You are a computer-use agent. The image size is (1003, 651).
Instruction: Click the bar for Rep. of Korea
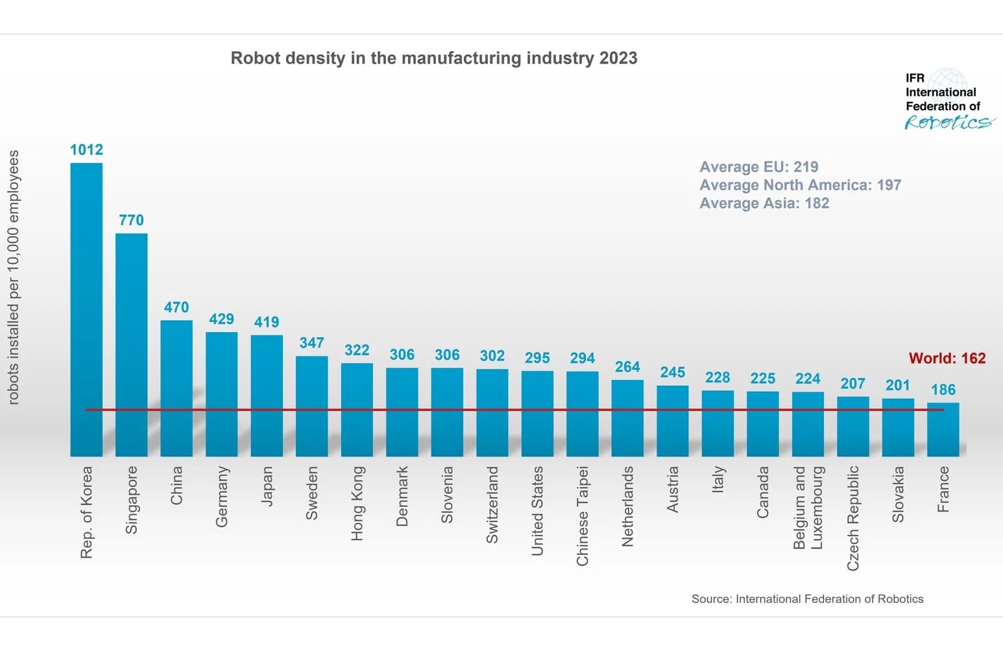pyautogui.click(x=86, y=309)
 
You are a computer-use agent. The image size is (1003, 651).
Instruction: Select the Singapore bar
pyautogui.click(x=132, y=344)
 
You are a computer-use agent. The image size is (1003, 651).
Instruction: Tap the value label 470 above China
pyautogui.click(x=176, y=307)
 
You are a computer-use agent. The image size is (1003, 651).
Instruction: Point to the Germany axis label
pyautogui.click(x=222, y=496)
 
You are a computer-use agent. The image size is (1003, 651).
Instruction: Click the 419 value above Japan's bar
pyautogui.click(x=267, y=322)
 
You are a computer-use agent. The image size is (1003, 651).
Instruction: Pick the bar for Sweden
pyautogui.click(x=312, y=406)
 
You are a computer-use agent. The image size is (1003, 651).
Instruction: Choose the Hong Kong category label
pyautogui.click(x=357, y=503)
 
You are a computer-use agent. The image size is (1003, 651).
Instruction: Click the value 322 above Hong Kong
pyautogui.click(x=357, y=350)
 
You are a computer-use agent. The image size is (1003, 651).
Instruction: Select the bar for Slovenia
pyautogui.click(x=447, y=412)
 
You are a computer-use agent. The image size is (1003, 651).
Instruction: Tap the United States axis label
pyautogui.click(x=537, y=510)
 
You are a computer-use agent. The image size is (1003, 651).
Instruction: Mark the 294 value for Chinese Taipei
pyautogui.click(x=583, y=358)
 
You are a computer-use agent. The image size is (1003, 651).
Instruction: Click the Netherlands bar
pyautogui.click(x=627, y=418)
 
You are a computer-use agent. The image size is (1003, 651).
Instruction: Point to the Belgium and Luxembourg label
pyautogui.click(x=808, y=508)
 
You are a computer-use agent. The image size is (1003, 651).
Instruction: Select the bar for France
pyautogui.click(x=943, y=429)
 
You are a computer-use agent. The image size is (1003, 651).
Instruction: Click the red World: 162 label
pyautogui.click(x=947, y=358)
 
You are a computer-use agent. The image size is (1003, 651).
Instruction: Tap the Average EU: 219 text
pyautogui.click(x=758, y=167)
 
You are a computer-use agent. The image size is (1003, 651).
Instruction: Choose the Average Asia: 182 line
pyautogui.click(x=764, y=203)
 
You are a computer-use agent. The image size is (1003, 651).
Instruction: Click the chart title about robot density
pyautogui.click(x=434, y=58)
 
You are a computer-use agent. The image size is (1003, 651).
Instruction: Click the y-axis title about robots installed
pyautogui.click(x=14, y=278)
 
